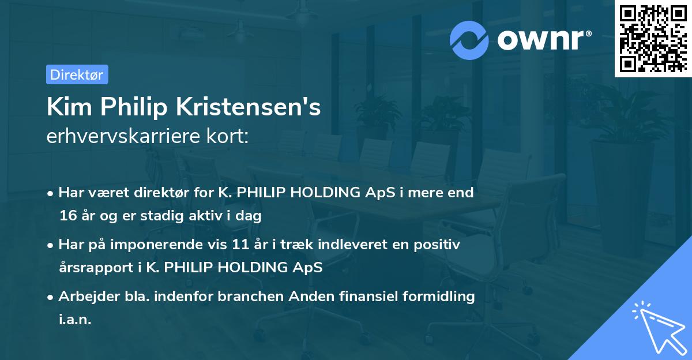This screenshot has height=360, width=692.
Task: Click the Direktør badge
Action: [x=77, y=74]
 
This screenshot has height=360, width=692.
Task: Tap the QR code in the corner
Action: [x=652, y=38]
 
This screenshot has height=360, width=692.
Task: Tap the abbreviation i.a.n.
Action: [x=75, y=320]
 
